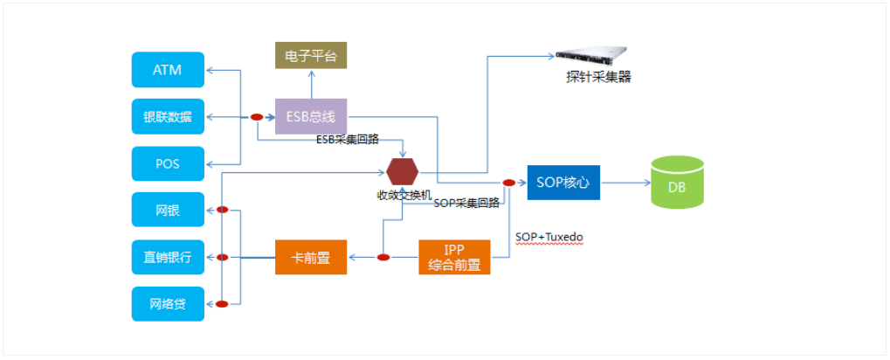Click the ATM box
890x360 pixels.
[x=168, y=70]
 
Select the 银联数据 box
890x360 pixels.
[x=168, y=116]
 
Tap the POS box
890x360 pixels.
[x=168, y=163]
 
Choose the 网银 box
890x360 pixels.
[x=168, y=210]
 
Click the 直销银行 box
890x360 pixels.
[x=168, y=257]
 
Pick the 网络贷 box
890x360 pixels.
[x=168, y=304]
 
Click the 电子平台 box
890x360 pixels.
[x=311, y=56]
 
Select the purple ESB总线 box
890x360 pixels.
[x=311, y=116]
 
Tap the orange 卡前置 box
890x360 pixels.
[x=311, y=257]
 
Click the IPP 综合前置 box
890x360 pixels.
[x=454, y=257]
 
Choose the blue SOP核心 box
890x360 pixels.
[x=563, y=183]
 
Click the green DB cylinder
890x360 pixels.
[x=678, y=183]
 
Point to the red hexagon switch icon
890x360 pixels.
[x=402, y=172]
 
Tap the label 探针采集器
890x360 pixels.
[x=598, y=77]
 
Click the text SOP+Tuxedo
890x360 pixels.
[x=549, y=237]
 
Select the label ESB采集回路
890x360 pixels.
[x=348, y=140]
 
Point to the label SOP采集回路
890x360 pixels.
[x=466, y=203]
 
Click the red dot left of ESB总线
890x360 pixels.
[x=257, y=116]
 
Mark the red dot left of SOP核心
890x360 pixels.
[x=508, y=183]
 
